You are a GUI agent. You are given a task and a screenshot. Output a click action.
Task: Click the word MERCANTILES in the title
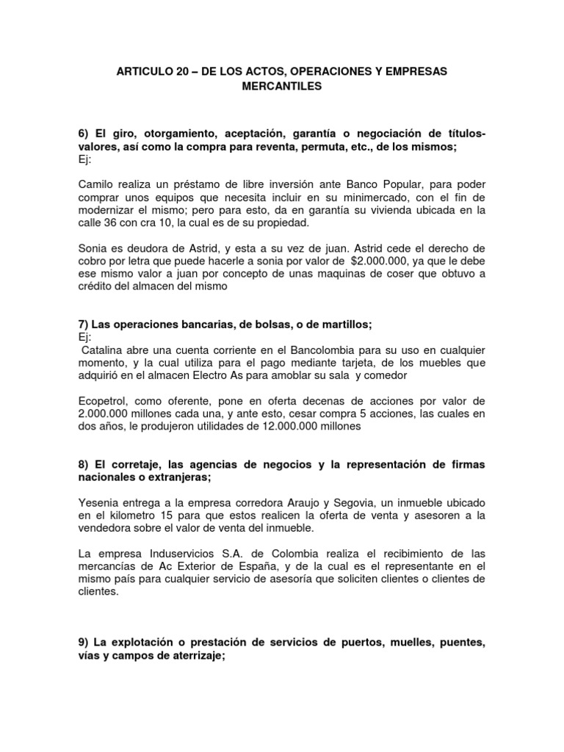click(x=282, y=87)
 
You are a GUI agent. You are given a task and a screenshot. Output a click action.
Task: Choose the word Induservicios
click(x=167, y=553)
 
